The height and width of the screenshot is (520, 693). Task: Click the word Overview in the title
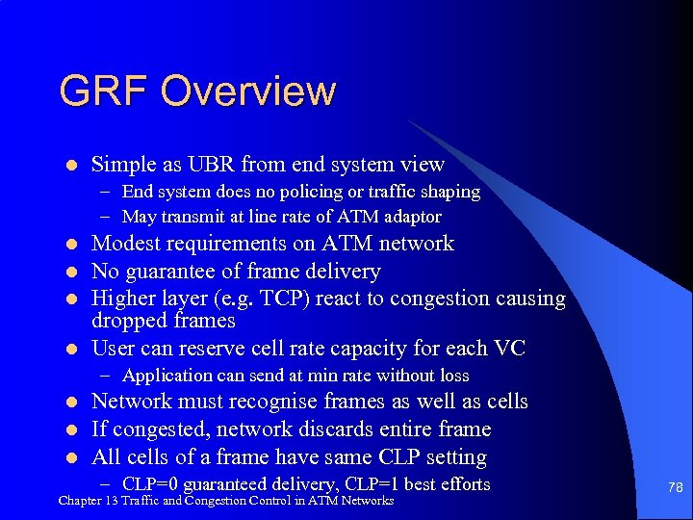[x=248, y=91]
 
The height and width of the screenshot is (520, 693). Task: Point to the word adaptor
[x=411, y=218]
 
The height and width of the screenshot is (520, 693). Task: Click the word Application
[x=166, y=376]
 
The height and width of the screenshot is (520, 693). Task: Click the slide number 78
[x=675, y=489]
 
